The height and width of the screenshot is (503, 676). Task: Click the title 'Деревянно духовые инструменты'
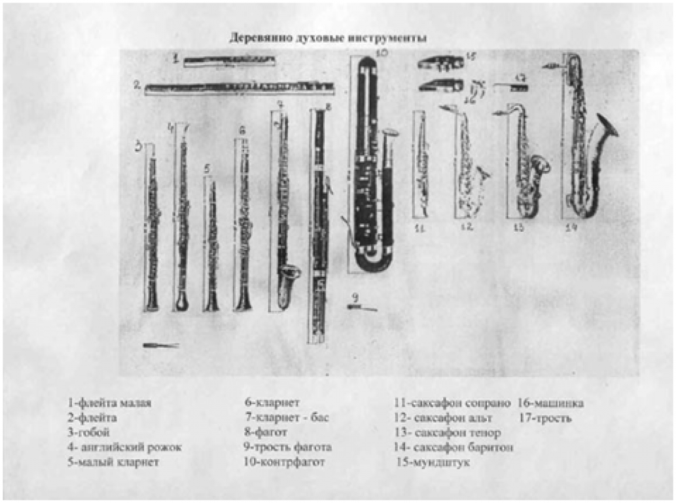coord(328,38)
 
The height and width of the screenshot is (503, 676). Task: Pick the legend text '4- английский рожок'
coord(124,447)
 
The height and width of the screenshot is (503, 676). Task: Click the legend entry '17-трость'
coord(545,418)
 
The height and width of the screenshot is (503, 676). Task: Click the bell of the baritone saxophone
coord(605,128)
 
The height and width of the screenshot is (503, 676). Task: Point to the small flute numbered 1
coord(228,62)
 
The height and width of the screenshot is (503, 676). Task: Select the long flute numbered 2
coord(239,86)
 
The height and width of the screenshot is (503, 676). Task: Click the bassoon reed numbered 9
coord(362,307)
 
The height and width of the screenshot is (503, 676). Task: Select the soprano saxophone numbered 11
coord(420,164)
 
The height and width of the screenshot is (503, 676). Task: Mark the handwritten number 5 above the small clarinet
coord(207,169)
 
